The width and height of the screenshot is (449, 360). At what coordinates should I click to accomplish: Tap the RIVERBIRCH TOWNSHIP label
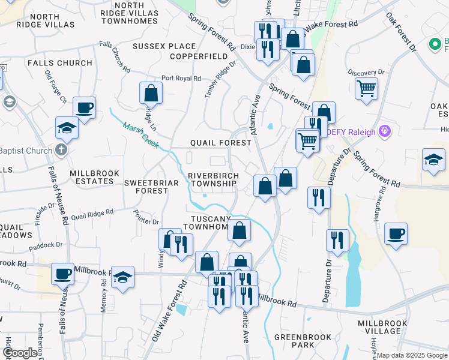click(214, 179)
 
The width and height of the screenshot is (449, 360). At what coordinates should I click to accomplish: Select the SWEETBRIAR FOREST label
click(146, 186)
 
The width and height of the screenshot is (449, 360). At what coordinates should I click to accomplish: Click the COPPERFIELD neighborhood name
click(199, 56)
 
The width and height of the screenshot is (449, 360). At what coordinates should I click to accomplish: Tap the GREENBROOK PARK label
click(295, 341)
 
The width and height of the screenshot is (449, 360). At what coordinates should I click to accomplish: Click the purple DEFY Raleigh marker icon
click(385, 131)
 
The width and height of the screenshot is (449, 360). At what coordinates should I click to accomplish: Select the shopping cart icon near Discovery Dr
click(366, 89)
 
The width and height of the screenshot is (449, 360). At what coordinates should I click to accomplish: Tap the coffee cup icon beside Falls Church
click(85, 108)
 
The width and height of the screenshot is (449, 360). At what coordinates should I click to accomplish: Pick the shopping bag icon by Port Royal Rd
click(151, 93)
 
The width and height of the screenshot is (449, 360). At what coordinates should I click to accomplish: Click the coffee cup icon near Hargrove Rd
click(396, 234)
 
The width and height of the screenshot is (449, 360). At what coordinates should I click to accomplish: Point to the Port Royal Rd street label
click(179, 79)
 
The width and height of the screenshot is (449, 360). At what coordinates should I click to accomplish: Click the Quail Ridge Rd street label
click(92, 214)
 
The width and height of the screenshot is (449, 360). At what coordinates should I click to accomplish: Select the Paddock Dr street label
click(46, 245)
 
